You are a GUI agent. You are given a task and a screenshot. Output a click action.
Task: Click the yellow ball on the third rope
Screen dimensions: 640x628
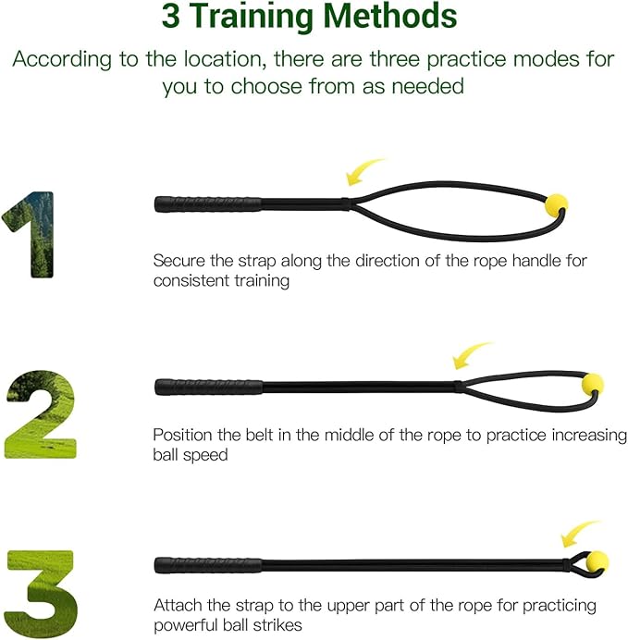[597, 560]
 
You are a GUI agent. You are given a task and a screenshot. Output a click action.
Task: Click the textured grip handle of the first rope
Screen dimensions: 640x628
[207, 203]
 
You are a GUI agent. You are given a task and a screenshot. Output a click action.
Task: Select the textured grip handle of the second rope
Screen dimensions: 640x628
[209, 386]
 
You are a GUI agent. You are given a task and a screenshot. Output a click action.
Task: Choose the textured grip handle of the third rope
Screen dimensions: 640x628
[209, 564]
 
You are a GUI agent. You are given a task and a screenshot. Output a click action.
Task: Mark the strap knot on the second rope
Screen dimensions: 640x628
[458, 386]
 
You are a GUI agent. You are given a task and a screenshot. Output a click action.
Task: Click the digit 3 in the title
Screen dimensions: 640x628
[171, 17]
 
